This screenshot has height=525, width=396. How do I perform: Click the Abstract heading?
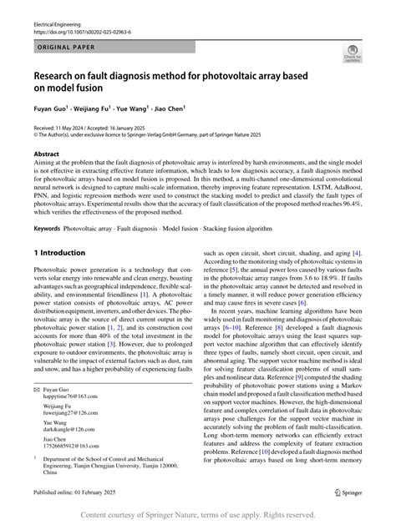[46, 154]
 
